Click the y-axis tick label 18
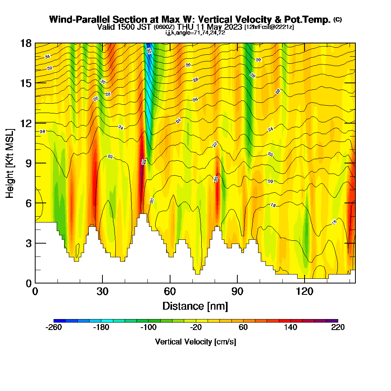pyautogui.click(x=26, y=43)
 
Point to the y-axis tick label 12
pyautogui.click(x=26, y=123)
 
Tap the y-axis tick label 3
pyautogui.click(x=29, y=243)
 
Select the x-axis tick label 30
pyautogui.click(x=102, y=291)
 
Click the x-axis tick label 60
pyautogui.click(x=170, y=291)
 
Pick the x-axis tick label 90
pyautogui.click(x=237, y=291)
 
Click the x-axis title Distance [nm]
pyautogui.click(x=195, y=305)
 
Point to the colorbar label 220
pyautogui.click(x=338, y=328)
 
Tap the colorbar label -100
pyautogui.click(x=149, y=328)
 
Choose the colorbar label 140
pyautogui.click(x=291, y=328)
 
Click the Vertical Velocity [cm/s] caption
pyautogui.click(x=195, y=342)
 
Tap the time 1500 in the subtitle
pyautogui.click(x=122, y=27)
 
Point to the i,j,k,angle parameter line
pyautogui.click(x=195, y=33)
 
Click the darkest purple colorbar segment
pyautogui.click(x=332, y=321)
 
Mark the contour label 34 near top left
pyautogui.click(x=47, y=57)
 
